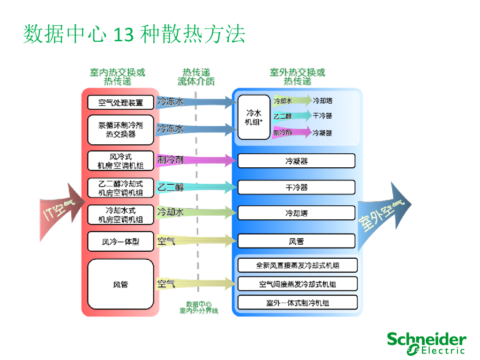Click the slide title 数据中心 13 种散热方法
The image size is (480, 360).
pyautogui.click(x=134, y=35)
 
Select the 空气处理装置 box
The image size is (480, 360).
pyautogui.click(x=120, y=102)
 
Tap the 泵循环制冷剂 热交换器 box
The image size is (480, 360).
pyautogui.click(x=120, y=130)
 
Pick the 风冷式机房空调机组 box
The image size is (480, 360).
pyautogui.click(x=120, y=161)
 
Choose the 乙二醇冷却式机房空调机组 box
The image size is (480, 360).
pyautogui.click(x=120, y=187)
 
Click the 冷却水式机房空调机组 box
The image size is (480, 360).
pyautogui.click(x=120, y=214)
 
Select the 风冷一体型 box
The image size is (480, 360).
pyautogui.click(x=120, y=242)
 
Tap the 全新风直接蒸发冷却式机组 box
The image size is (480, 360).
pyautogui.click(x=297, y=265)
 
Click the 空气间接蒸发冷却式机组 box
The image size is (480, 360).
pyautogui.click(x=297, y=284)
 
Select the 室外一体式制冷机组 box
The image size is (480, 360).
pyautogui.click(x=297, y=302)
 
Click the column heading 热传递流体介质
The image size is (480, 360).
pyautogui.click(x=196, y=77)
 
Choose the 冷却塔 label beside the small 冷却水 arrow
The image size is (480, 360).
pyautogui.click(x=322, y=100)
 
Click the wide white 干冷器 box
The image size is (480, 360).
pyautogui.click(x=296, y=187)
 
